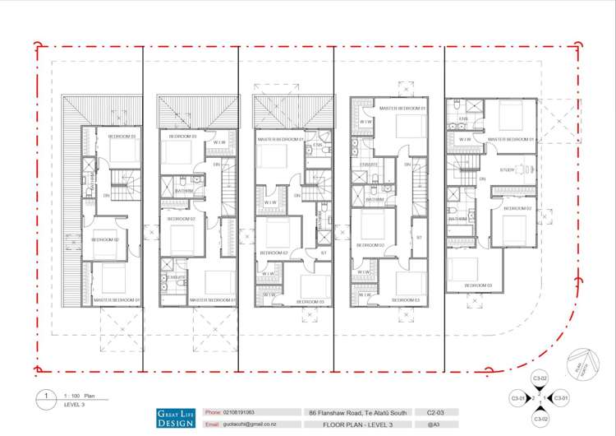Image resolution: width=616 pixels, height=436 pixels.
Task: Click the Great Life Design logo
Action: coord(174,418)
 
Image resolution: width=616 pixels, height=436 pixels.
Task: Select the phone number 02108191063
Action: coord(237,411)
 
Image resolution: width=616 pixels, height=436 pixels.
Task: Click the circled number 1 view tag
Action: coord(46,396)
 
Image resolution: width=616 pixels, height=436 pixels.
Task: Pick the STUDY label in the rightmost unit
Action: coord(506,170)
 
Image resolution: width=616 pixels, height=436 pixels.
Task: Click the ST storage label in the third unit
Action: coord(324,253)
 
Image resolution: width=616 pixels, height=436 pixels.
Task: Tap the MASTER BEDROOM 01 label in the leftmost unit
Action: coord(117,300)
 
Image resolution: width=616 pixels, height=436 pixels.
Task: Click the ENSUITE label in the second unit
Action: coord(176,277)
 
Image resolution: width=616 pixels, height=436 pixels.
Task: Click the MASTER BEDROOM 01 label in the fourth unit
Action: coord(402,109)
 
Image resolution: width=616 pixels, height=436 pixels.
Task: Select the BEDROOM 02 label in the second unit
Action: coord(181,219)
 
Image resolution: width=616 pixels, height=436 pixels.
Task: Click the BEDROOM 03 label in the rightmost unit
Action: coord(478,285)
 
